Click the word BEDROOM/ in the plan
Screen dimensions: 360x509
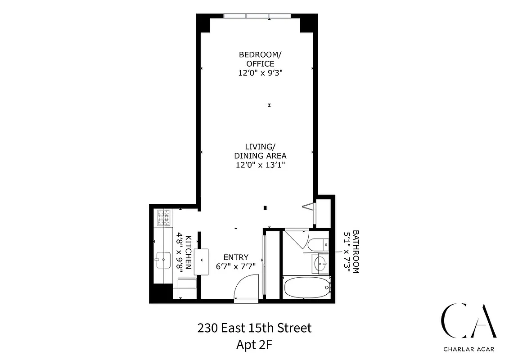coord(260,54)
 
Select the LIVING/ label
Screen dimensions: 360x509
coord(260,147)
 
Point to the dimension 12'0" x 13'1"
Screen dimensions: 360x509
coord(260,165)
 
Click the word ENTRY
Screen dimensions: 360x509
coord(236,257)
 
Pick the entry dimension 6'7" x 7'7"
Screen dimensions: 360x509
coord(236,266)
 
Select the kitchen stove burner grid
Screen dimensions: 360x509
coord(164,218)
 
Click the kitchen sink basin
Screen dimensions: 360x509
coord(162,258)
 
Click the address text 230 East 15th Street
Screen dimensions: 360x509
coord(254,328)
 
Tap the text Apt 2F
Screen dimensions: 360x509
coord(254,345)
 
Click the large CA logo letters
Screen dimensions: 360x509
coord(468,320)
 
